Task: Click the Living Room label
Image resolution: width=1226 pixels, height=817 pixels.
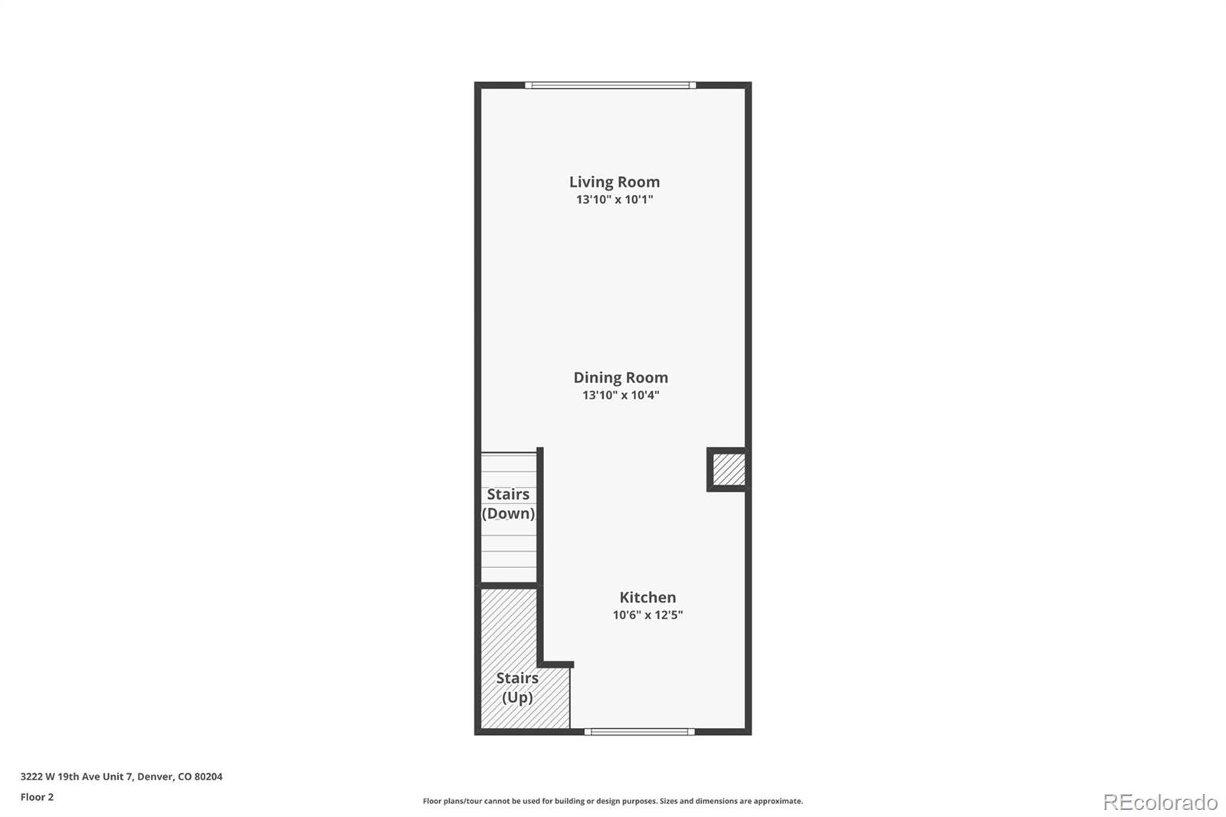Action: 614,182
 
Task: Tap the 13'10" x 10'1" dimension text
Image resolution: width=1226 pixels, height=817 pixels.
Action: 614,199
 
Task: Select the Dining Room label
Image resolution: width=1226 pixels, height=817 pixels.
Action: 621,377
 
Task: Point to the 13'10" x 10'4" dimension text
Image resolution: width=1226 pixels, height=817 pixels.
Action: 621,395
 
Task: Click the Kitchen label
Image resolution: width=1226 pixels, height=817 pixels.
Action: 647,597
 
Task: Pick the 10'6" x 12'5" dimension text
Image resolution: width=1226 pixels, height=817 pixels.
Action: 647,615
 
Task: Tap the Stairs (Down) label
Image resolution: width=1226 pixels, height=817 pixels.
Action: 508,504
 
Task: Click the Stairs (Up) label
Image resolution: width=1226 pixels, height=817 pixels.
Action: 517,687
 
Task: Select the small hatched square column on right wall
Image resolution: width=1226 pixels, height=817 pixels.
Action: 729,470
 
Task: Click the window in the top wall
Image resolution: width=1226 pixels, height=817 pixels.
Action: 611,85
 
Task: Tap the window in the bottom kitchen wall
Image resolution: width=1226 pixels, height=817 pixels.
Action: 639,732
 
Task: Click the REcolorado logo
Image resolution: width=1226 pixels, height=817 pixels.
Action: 1160,802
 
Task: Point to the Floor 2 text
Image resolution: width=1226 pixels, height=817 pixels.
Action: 37,797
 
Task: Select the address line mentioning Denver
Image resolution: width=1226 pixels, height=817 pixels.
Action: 121,776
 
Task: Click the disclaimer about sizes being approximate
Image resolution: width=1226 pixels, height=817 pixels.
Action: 613,801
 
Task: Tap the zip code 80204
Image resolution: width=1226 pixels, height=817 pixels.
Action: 208,776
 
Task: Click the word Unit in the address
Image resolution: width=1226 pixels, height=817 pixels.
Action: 113,776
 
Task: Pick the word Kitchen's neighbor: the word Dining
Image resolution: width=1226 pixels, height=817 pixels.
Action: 597,377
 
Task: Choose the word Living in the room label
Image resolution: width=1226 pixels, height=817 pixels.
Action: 591,182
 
